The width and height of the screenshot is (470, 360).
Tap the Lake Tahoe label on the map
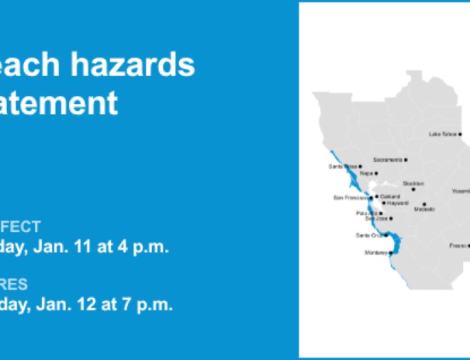pyautogui.click(x=443, y=134)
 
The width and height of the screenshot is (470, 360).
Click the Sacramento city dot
pyautogui.click(x=406, y=160)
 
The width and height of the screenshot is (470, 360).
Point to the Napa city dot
pyautogui.click(x=377, y=173)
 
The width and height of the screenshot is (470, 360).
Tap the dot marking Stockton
pyautogui.click(x=413, y=189)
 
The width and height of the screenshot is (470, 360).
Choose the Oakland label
pyautogui.click(x=390, y=196)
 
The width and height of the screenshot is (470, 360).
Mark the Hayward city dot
pyautogui.click(x=384, y=202)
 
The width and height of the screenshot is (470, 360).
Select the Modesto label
pyautogui.click(x=424, y=209)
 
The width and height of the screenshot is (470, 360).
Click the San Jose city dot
pyautogui.click(x=391, y=219)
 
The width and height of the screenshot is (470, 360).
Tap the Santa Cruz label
pyautogui.click(x=369, y=235)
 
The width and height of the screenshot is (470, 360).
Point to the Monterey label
pyautogui.click(x=376, y=252)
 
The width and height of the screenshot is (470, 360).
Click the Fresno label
pyautogui.click(x=457, y=246)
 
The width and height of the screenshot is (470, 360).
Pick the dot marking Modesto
pyautogui.click(x=425, y=204)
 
